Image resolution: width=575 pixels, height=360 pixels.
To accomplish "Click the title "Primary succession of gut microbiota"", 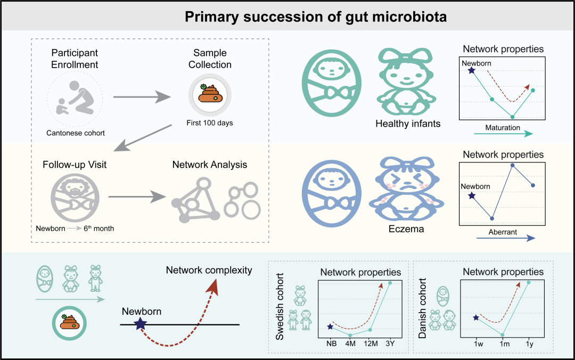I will point(315,17).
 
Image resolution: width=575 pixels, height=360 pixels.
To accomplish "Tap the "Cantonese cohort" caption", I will point(75,133).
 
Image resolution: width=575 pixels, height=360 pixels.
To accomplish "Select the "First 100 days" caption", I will point(209,123).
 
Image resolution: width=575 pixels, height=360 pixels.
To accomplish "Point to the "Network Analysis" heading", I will point(210,165).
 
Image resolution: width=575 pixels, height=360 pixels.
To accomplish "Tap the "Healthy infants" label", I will point(408,124).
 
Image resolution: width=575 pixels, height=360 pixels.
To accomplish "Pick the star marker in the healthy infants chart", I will point(471,70).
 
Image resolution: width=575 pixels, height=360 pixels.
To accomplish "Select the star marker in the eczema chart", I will point(471,197).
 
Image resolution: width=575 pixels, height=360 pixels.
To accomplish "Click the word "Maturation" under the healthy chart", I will point(502,128).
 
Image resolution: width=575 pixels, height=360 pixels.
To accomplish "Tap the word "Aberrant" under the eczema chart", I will point(503,232).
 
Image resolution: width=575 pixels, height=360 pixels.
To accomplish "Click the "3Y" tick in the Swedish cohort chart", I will point(391,343).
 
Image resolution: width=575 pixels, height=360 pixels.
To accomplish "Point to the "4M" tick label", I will point(350,343).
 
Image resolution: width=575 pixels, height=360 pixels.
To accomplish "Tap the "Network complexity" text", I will point(209,270).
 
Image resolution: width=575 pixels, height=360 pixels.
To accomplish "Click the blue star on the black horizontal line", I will point(141,324).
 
